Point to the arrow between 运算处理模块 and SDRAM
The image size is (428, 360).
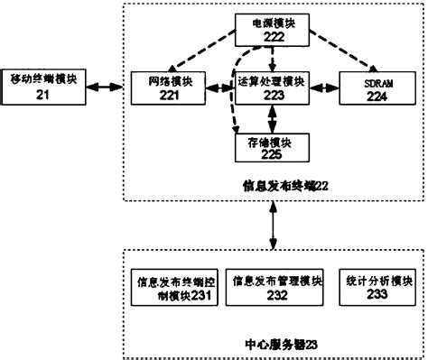[323, 87]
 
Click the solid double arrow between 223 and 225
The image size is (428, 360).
[271, 115]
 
